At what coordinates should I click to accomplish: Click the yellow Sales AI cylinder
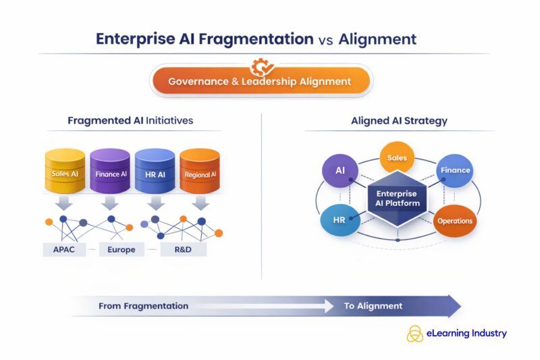[x=65, y=172]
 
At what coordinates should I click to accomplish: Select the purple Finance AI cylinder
[x=110, y=172]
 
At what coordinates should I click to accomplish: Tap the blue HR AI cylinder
[x=155, y=172]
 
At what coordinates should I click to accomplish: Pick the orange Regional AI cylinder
[x=200, y=172]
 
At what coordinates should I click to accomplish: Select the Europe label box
[x=122, y=249]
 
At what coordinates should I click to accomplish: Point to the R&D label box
[x=183, y=249]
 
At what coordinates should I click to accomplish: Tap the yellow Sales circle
[x=397, y=157]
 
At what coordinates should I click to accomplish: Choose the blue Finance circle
[x=455, y=170]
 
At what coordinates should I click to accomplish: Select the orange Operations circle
[x=455, y=221]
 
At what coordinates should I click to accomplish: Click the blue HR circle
[x=340, y=220]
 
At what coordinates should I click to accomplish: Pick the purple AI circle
[x=340, y=170]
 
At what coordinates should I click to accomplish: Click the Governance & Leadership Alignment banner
[x=260, y=81]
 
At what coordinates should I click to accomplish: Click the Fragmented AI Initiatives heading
[x=130, y=121]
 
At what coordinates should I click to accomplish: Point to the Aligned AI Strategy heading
[x=399, y=121]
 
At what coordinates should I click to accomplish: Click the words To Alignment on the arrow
[x=373, y=306]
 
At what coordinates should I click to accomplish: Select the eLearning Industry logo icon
[x=414, y=334]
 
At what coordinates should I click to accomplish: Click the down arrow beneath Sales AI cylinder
[x=66, y=203]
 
